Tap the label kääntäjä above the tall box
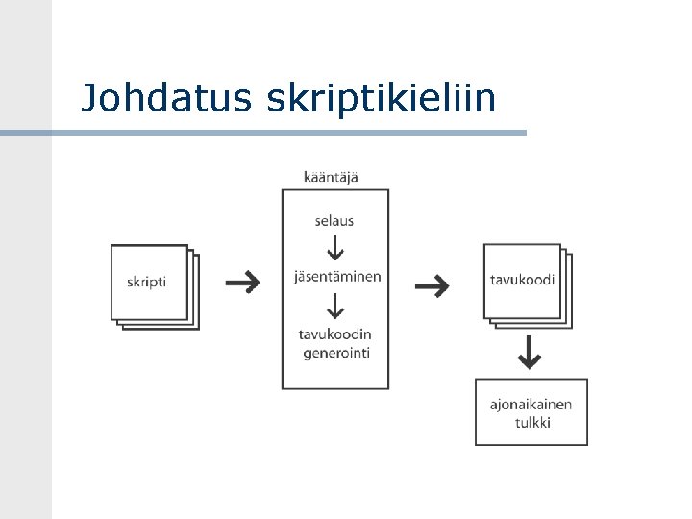pyautogui.click(x=332, y=177)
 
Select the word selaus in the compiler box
pyautogui.click(x=334, y=221)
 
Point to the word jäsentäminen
pyautogui.click(x=337, y=277)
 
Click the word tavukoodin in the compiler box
pyautogui.click(x=334, y=334)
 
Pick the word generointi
pyautogui.click(x=336, y=353)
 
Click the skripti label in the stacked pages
pyautogui.click(x=147, y=282)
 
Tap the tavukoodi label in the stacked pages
pyautogui.click(x=522, y=280)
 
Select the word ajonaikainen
pyautogui.click(x=531, y=404)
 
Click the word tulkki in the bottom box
pyautogui.click(x=532, y=422)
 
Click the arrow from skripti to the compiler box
pyautogui.click(x=242, y=283)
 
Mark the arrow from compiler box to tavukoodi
pyautogui.click(x=432, y=284)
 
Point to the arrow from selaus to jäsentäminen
pyautogui.click(x=334, y=249)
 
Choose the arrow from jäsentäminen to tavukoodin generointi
pyautogui.click(x=334, y=307)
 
